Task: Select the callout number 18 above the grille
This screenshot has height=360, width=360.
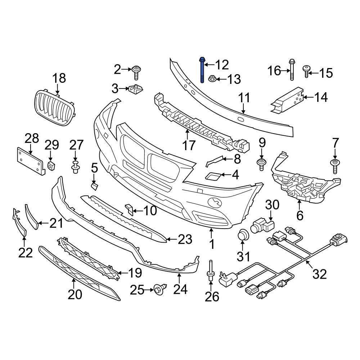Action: (59, 78)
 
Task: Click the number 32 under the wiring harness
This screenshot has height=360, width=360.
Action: (319, 274)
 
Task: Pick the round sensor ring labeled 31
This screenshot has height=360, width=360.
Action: (243, 235)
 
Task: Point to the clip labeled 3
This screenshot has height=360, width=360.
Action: (135, 88)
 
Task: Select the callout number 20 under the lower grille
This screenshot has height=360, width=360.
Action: (75, 294)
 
